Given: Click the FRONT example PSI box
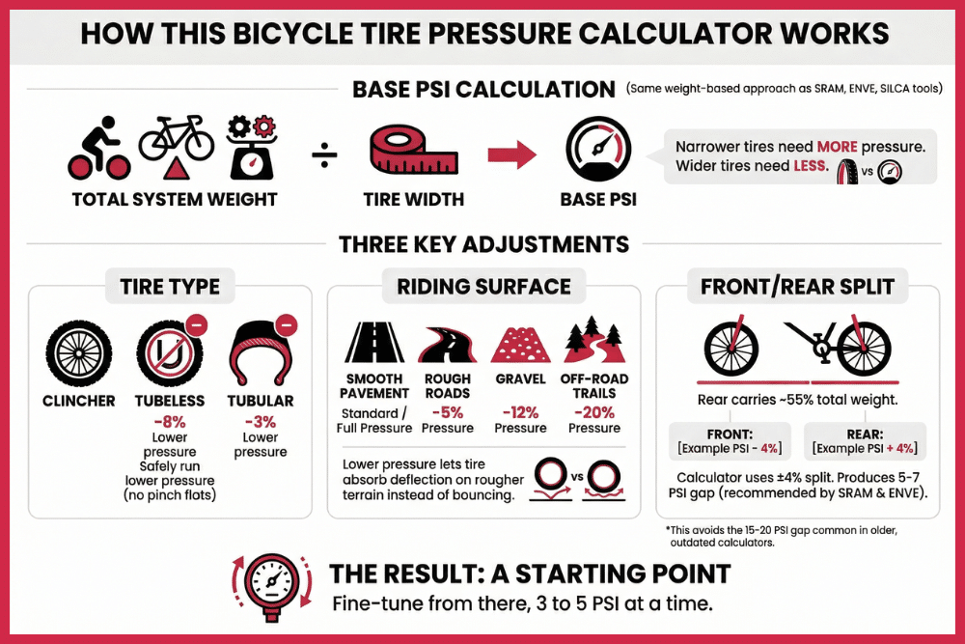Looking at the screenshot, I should pyautogui.click(x=731, y=441).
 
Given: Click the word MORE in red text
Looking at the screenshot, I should pyautogui.click(x=842, y=147).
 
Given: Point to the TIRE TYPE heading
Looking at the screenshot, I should pyautogui.click(x=170, y=286).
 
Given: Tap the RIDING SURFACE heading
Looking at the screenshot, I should pyautogui.click(x=483, y=286).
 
